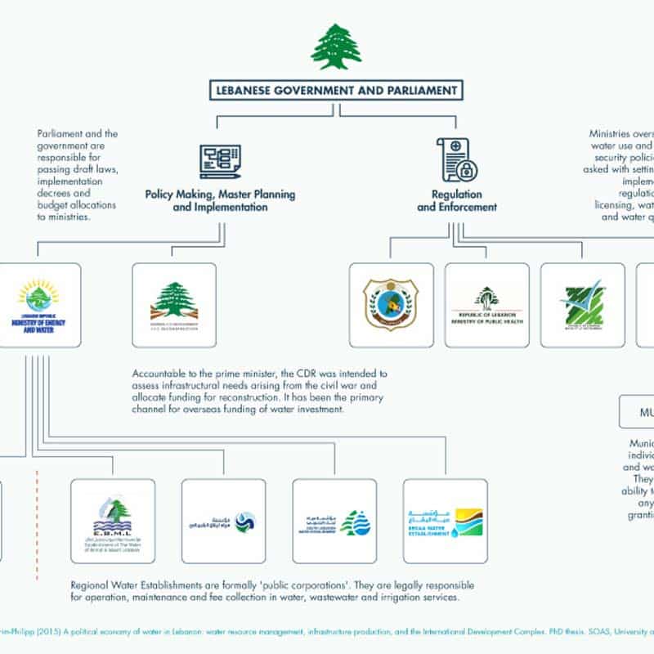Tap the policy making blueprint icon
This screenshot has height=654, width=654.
pos(220,161)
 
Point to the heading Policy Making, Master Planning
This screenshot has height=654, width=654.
pos(220,195)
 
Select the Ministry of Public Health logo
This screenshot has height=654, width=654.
pos(486,305)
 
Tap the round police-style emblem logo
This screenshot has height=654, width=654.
pos(391,305)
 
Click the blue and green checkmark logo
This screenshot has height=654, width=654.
pos(582,305)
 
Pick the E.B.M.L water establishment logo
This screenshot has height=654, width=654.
pos(113,521)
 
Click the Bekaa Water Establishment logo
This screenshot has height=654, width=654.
pos(445,521)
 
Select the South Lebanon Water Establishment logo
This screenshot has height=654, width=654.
pos(334,521)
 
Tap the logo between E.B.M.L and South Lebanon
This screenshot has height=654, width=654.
pos(223,521)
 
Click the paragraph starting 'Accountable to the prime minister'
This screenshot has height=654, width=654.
pos(260,392)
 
